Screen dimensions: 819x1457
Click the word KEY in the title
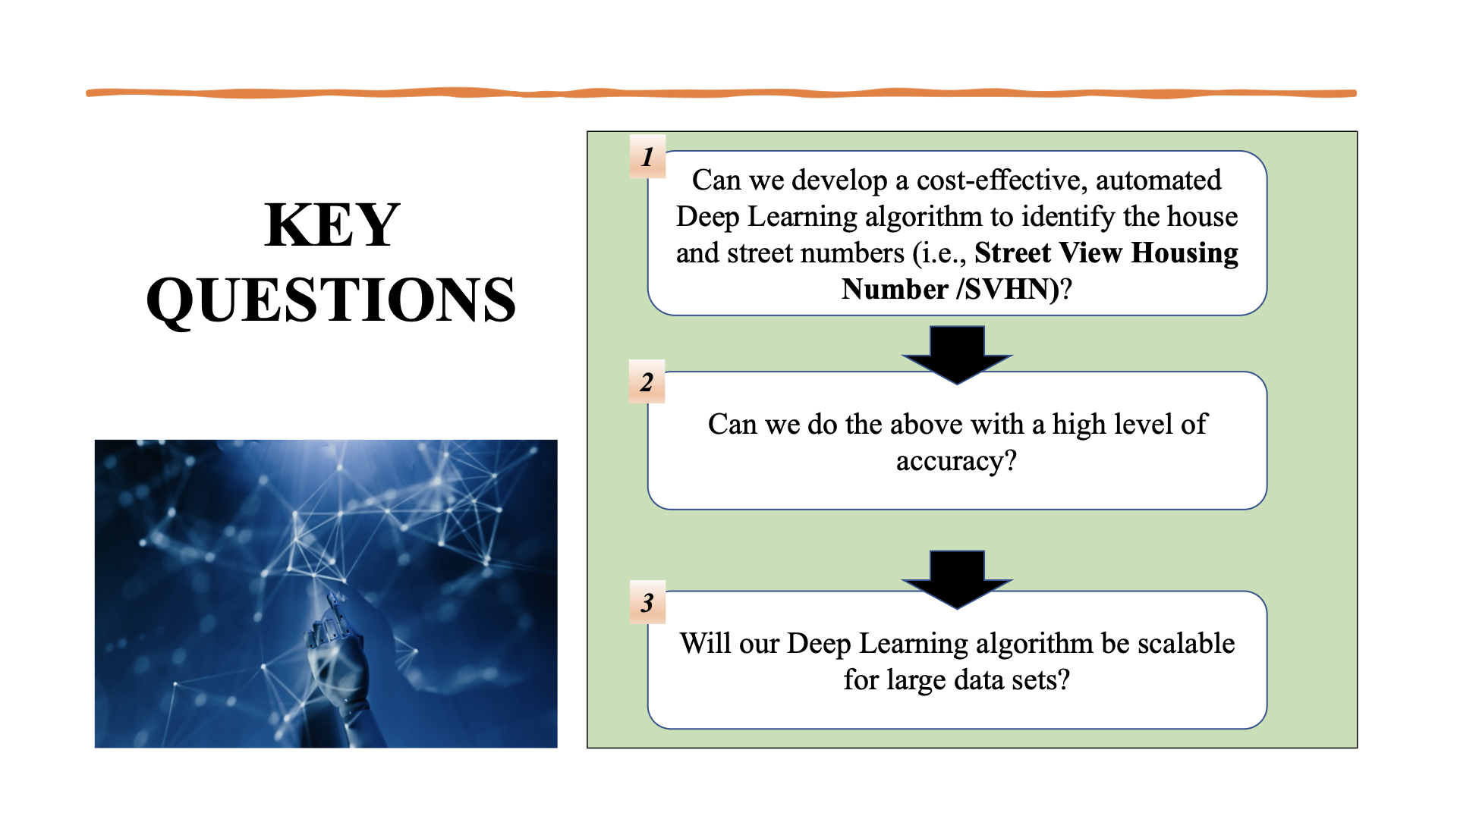(x=332, y=225)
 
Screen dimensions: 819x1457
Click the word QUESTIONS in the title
(x=331, y=300)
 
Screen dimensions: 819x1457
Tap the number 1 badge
(x=647, y=157)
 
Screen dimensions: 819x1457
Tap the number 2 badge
(x=647, y=382)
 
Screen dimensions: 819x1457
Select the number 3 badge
(x=647, y=603)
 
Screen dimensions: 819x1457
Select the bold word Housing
(x=1185, y=253)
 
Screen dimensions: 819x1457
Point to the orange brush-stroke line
(x=721, y=93)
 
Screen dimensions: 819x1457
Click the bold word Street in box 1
(x=1012, y=253)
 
